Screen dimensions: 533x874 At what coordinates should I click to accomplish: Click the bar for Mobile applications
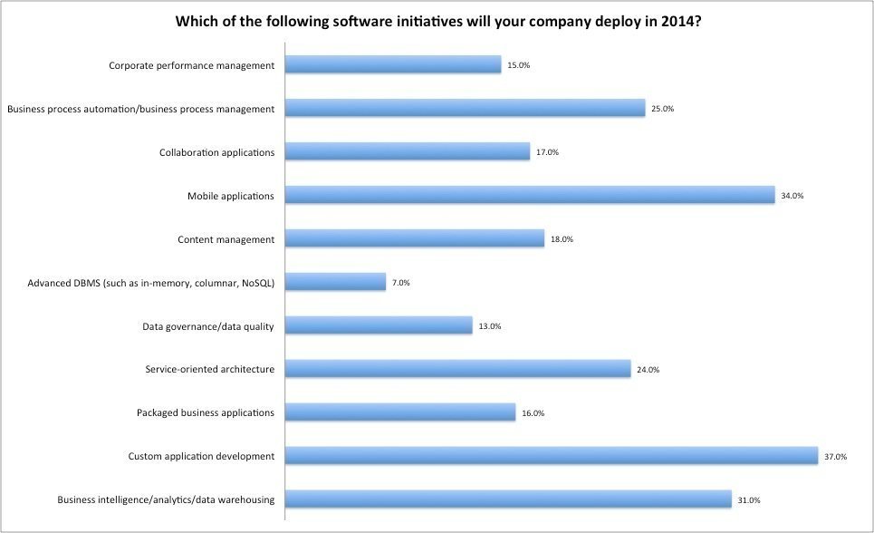[x=530, y=195]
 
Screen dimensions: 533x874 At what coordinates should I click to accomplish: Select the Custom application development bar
[x=552, y=456]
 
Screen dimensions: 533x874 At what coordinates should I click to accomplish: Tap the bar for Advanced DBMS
[x=335, y=282]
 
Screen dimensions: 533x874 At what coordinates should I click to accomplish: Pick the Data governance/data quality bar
[x=379, y=325]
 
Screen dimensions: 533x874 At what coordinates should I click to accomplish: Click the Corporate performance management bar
[x=393, y=64]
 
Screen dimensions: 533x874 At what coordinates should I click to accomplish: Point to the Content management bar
[x=415, y=238]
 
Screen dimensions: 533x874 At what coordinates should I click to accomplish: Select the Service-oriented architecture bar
[x=457, y=369]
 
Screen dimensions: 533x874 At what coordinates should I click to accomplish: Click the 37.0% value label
[x=834, y=457]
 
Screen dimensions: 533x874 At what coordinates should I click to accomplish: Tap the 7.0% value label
[x=401, y=283]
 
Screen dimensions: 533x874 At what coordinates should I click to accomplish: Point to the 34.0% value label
[x=792, y=196]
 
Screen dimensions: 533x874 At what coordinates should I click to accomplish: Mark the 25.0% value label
[x=662, y=109]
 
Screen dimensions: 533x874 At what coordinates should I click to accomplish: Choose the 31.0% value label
[x=748, y=500]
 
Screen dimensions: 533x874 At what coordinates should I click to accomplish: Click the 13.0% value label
[x=489, y=326]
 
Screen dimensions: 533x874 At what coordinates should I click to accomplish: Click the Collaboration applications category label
[x=216, y=152]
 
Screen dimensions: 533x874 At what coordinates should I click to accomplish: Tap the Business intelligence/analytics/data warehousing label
[x=166, y=500]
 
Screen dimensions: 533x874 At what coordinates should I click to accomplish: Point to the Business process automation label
[x=140, y=109]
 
